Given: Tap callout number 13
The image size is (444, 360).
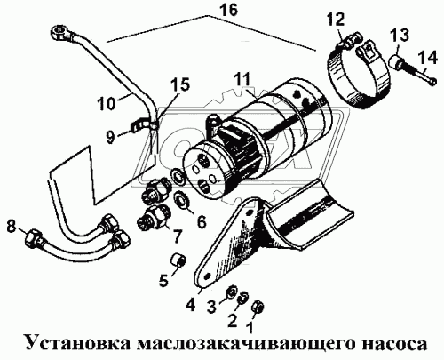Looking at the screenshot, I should [x=397, y=35].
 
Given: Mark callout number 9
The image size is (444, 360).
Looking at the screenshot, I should [x=108, y=137].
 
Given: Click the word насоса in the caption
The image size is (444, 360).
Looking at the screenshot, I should [x=387, y=342].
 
